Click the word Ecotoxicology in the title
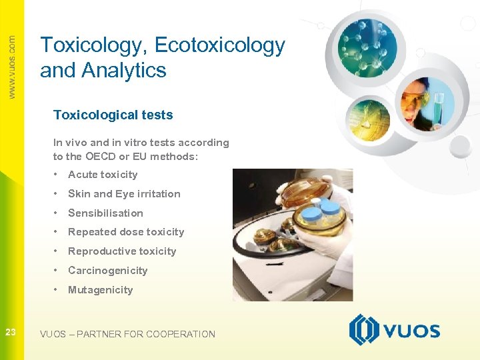pos(219,46)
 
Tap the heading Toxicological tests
pos(113,115)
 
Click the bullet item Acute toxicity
pos(103,175)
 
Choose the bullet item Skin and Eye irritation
pos(124,194)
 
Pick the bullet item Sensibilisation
pos(105,213)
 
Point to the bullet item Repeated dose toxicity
pos(126,232)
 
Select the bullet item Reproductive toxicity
pos(122,251)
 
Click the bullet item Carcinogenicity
pos(107,271)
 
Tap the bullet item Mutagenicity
pos(100,290)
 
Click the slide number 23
pos(11,331)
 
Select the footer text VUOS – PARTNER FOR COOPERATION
pos(127,334)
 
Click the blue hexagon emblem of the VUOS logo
pos(364,330)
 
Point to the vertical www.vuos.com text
pos(12,67)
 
